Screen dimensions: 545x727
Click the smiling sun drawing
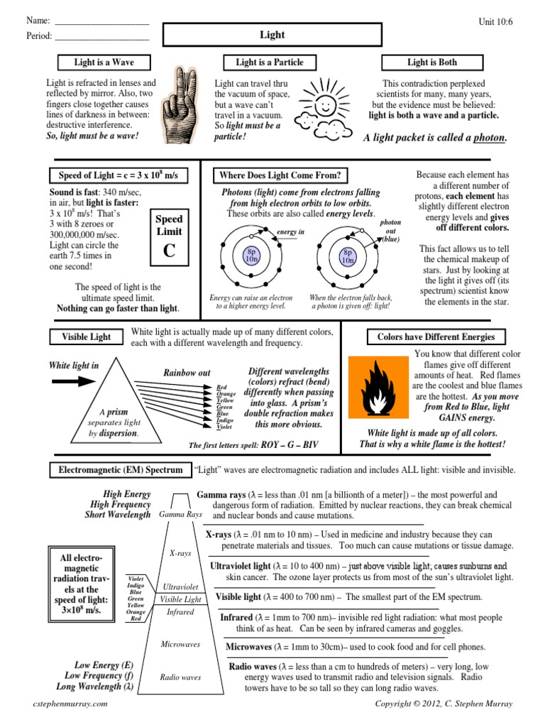(x=325, y=103)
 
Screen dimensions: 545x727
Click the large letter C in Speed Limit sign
(x=169, y=250)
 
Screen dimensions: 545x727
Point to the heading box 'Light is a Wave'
(x=104, y=62)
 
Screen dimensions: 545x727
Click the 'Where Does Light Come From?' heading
(x=280, y=175)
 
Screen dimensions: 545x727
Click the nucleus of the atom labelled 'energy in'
(x=251, y=255)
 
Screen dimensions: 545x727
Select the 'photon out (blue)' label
(x=390, y=231)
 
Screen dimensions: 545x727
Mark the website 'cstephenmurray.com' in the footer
(x=71, y=703)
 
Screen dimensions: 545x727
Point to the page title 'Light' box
(x=272, y=35)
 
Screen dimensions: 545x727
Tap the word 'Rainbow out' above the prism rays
(x=187, y=373)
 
